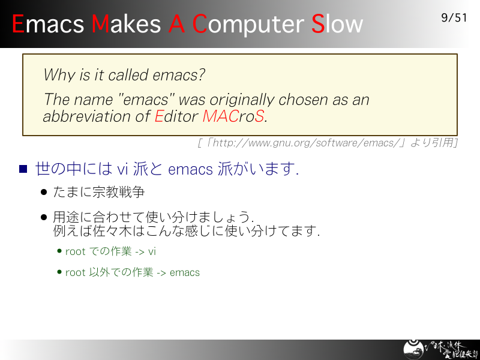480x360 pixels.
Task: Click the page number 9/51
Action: tap(454, 18)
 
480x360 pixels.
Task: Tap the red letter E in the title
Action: tap(18, 24)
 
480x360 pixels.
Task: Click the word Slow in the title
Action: tap(337, 24)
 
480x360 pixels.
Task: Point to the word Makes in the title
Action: tap(126, 23)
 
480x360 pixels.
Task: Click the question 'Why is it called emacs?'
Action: tap(124, 75)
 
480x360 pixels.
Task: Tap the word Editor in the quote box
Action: tap(176, 116)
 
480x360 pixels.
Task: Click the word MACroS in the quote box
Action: tap(233, 116)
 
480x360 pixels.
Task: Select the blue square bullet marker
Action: tap(23, 169)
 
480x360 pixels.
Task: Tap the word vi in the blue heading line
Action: tap(122, 169)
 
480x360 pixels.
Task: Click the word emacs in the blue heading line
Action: tap(190, 170)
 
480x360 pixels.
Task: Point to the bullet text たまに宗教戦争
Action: tap(98, 192)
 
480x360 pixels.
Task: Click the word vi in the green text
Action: tap(152, 251)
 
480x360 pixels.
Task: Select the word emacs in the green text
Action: tap(185, 272)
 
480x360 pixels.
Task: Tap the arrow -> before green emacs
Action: tap(161, 273)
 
